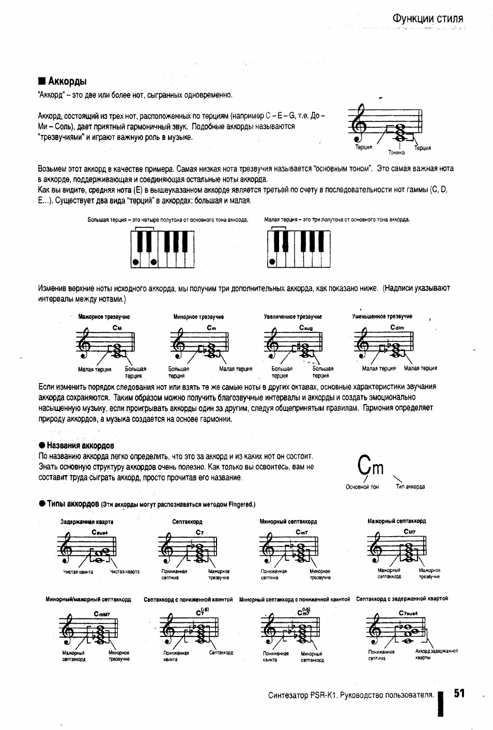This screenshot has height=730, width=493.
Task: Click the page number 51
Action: coord(459,694)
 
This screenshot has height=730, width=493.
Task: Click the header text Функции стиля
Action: coord(427,19)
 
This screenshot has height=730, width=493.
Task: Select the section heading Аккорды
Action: coord(67,81)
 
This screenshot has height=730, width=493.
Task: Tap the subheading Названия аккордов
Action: coord(80,445)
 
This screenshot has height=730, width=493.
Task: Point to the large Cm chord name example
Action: coord(371,467)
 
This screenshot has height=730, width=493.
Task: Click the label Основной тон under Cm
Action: coord(362,486)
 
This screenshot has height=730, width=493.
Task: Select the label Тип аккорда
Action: coord(410,486)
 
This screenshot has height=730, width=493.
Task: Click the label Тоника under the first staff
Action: coord(396,153)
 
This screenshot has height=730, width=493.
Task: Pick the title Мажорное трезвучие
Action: coord(104,317)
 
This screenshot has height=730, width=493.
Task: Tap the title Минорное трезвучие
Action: coord(198,317)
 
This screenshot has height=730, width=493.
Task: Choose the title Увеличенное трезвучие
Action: coord(292,317)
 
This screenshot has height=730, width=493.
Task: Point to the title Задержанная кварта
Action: coord(87,522)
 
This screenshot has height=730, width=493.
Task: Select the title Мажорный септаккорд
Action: coord(396,521)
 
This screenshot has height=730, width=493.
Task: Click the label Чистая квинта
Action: coord(78,572)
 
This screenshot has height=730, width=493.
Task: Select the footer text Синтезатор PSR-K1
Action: coord(351,695)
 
